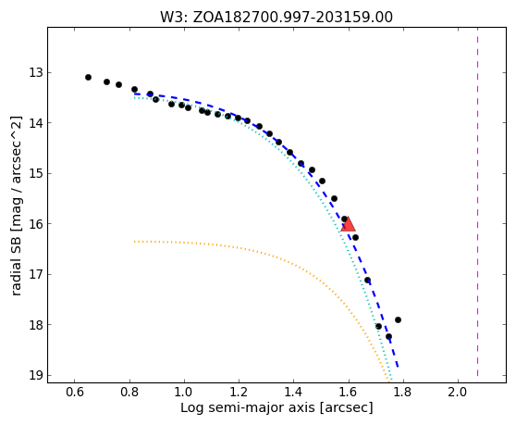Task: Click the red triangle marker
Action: pos(348,224)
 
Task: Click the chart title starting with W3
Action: pos(276,18)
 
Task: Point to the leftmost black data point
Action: pos(88,78)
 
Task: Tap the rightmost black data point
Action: pos(398,319)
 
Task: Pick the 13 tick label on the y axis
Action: pos(36,72)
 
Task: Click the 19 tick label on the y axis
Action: pos(36,375)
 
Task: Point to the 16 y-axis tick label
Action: pos(36,224)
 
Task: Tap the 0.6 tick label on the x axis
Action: pos(75,392)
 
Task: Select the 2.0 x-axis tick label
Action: pos(458,392)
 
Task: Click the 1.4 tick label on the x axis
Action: pos(294,392)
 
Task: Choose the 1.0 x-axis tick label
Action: pos(184,392)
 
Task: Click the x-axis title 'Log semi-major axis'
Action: pos(248,407)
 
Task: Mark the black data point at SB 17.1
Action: pos(368,281)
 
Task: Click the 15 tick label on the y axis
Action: pos(36,173)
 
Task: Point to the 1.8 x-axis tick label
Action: pos(403,392)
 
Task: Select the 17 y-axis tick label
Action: pos(36,274)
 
